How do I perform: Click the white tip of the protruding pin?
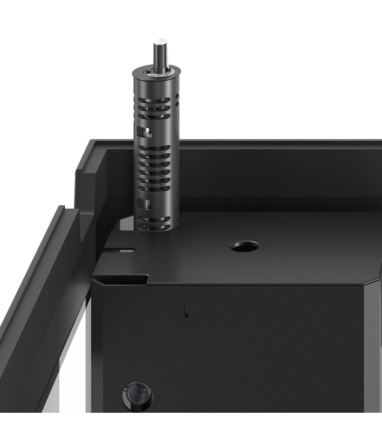click(x=160, y=42)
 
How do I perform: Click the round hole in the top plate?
click(x=245, y=247)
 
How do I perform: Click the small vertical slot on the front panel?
click(x=186, y=310)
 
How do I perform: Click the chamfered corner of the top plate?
click(x=373, y=281)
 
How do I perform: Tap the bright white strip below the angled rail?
click(x=74, y=370)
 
